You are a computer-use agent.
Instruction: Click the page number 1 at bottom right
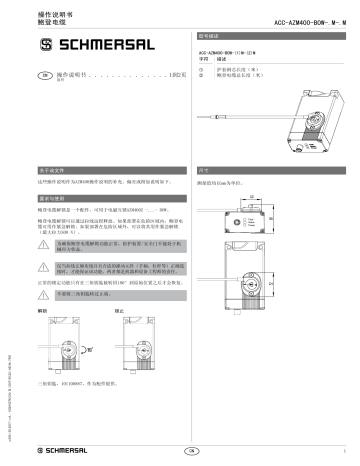[x=343, y=452]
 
